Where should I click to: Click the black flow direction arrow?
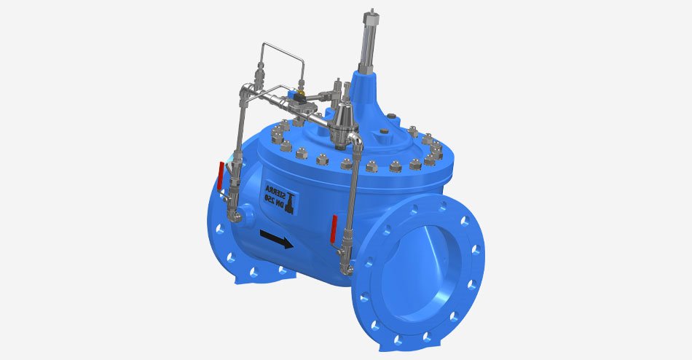click(x=276, y=239)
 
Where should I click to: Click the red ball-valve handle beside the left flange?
click(x=221, y=176)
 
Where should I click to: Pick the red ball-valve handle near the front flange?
click(x=334, y=229)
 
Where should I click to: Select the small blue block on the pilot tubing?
click(x=293, y=95)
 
